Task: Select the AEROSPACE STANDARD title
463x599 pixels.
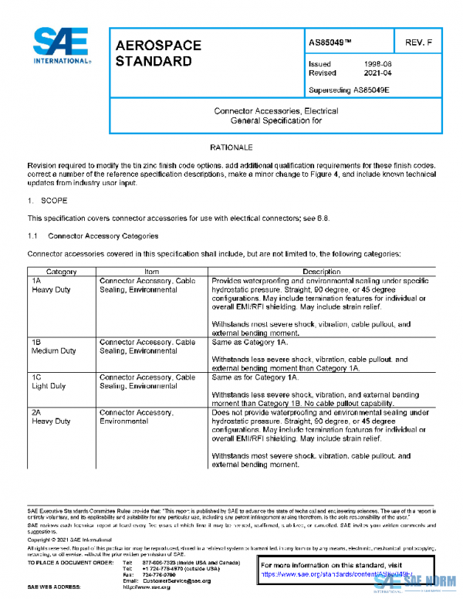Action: tap(157, 53)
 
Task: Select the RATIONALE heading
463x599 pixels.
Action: tap(230, 147)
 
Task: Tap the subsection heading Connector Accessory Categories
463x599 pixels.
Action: tap(103, 235)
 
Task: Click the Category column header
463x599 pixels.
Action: tap(61, 272)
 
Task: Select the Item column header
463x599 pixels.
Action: tap(151, 272)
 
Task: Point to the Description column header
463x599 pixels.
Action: tap(321, 272)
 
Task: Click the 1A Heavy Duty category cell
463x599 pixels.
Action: tap(51, 285)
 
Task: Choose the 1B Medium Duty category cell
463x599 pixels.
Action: tap(53, 346)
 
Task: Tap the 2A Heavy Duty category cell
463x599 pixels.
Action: tap(51, 417)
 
